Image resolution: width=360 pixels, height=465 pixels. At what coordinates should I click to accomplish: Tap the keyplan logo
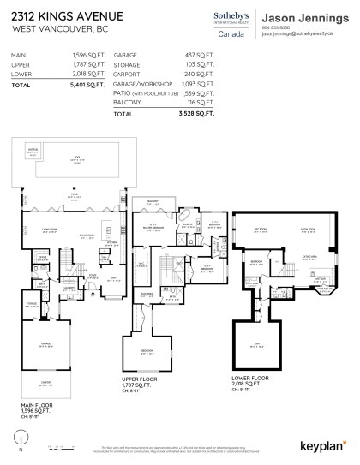click(x=323, y=444)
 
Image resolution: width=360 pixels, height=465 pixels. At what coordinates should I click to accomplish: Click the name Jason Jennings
click(x=303, y=16)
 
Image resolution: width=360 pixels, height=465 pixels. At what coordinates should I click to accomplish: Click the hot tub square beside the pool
click(x=33, y=152)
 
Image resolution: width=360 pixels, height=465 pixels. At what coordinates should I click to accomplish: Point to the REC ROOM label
click(x=260, y=230)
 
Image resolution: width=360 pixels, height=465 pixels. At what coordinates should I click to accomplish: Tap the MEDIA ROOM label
click(x=307, y=230)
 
